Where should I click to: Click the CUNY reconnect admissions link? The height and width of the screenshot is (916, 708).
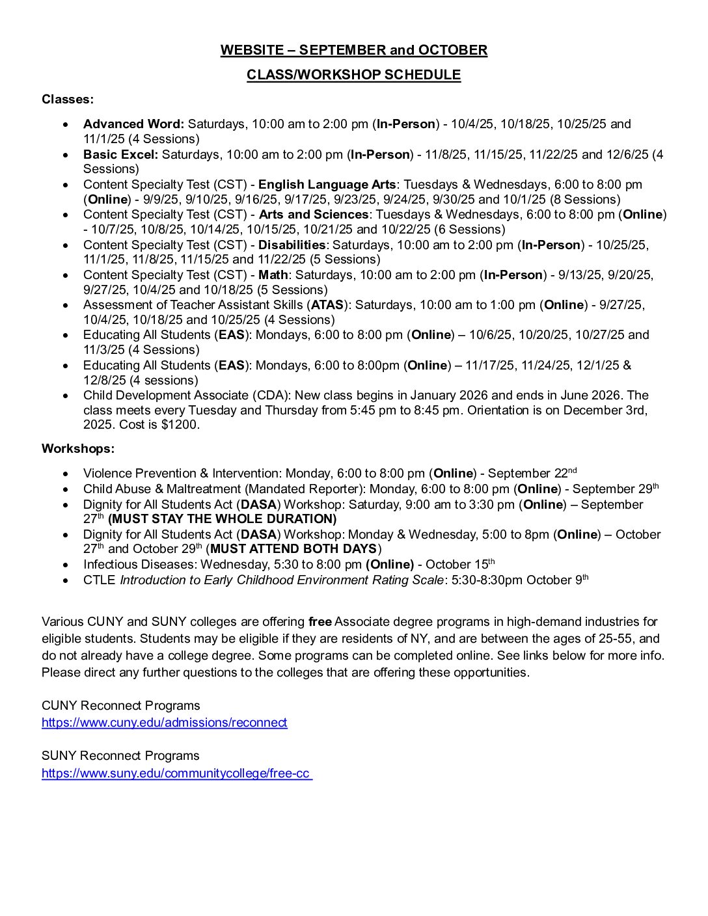pyautogui.click(x=164, y=723)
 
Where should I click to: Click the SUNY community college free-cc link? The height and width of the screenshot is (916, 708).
pyautogui.click(x=176, y=774)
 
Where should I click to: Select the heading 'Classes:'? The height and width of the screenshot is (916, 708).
pyautogui.click(x=68, y=100)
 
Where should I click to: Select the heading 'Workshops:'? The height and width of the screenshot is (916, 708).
pyautogui.click(x=78, y=449)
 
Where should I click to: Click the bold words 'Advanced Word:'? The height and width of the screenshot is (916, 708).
pyautogui.click(x=133, y=124)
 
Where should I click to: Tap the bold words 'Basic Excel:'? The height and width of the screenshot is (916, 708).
pyautogui.click(x=120, y=155)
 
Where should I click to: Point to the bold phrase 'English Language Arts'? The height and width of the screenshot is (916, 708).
pyautogui.click(x=327, y=185)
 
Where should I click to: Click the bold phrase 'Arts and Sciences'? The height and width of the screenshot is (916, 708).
pyautogui.click(x=313, y=215)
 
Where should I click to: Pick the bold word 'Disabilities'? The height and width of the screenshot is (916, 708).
pyautogui.click(x=292, y=245)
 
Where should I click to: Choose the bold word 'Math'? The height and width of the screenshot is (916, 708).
pyautogui.click(x=273, y=275)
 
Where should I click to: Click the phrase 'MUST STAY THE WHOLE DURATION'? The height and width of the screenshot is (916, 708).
pyautogui.click(x=223, y=519)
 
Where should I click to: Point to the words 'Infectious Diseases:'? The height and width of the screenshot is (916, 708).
pyautogui.click(x=140, y=565)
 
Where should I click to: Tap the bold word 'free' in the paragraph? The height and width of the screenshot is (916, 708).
pyautogui.click(x=320, y=622)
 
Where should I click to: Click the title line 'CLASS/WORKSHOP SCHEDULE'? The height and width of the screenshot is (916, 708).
pyautogui.click(x=353, y=75)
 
